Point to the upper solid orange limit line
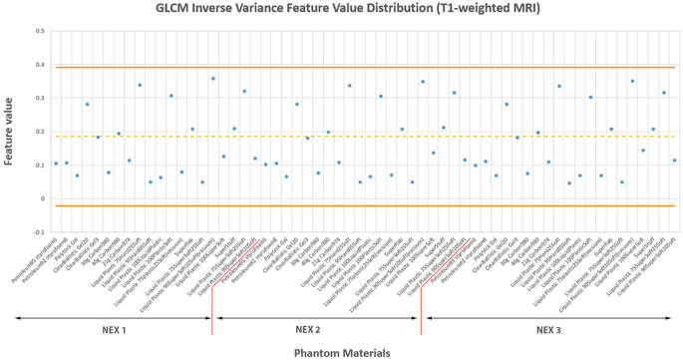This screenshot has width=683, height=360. pos(359,67)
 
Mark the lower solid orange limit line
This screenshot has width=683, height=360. pos(359,206)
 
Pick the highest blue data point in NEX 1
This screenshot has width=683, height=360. pos(212,78)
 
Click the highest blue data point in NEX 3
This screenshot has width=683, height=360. pos(632,81)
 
